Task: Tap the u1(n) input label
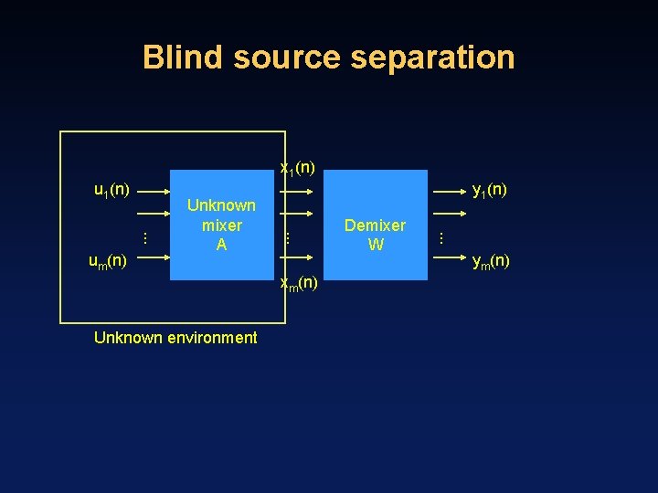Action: pos(111,190)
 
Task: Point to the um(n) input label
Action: pos(107,262)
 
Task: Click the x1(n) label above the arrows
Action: pos(298,167)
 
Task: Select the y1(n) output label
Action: pos(489,190)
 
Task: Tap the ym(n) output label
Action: pos(491,262)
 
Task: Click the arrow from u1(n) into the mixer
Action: pos(154,192)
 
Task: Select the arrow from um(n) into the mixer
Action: pos(154,257)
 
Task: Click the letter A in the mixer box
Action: pos(221,245)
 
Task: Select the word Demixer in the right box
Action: pos(375,226)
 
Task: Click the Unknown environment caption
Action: pos(175,338)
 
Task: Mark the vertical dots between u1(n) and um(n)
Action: pos(144,237)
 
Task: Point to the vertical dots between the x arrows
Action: pos(287,237)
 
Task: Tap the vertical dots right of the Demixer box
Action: pos(441,237)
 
